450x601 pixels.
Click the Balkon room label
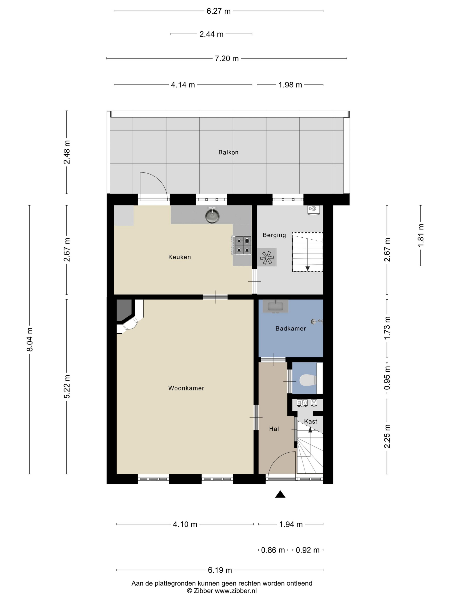[228, 152]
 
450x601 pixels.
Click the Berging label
[274, 235]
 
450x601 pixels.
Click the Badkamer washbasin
[276, 307]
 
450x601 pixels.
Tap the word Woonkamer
[186, 388]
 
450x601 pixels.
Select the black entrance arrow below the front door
[280, 494]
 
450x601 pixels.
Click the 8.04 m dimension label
[30, 339]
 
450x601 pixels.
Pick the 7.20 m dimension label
[227, 58]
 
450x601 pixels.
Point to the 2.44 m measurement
[211, 34]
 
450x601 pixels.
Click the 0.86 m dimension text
[273, 551]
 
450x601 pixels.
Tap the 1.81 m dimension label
[421, 235]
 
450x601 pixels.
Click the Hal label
[274, 429]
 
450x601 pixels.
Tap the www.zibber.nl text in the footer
[236, 590]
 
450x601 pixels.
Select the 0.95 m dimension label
[387, 378]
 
